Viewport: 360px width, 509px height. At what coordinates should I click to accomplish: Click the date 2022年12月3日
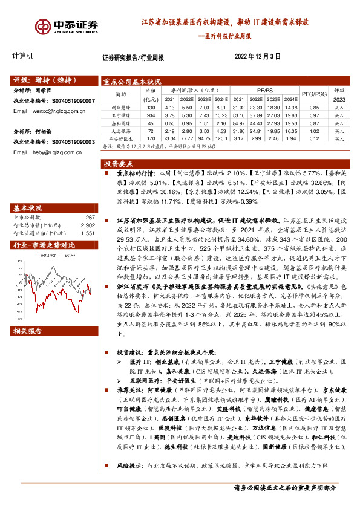click(x=257, y=58)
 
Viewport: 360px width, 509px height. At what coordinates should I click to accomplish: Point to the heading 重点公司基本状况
click(x=132, y=82)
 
